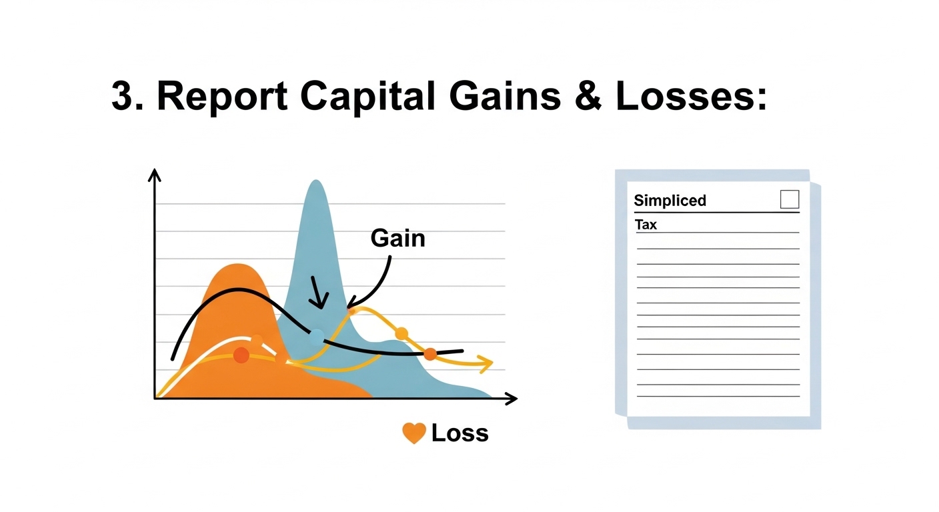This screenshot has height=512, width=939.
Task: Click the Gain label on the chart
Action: coord(397,238)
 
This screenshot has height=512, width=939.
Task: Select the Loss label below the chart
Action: coord(459,433)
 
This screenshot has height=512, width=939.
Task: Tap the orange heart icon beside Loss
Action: coord(414,433)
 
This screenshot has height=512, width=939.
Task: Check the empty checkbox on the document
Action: coord(789,199)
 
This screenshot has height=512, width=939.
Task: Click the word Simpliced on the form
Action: coord(670,201)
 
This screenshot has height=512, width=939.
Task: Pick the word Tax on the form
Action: coord(646,225)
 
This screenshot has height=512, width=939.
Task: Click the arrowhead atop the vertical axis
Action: coord(155,175)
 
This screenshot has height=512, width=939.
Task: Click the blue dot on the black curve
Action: coord(317,336)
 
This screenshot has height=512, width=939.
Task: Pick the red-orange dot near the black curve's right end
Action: coord(430,354)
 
